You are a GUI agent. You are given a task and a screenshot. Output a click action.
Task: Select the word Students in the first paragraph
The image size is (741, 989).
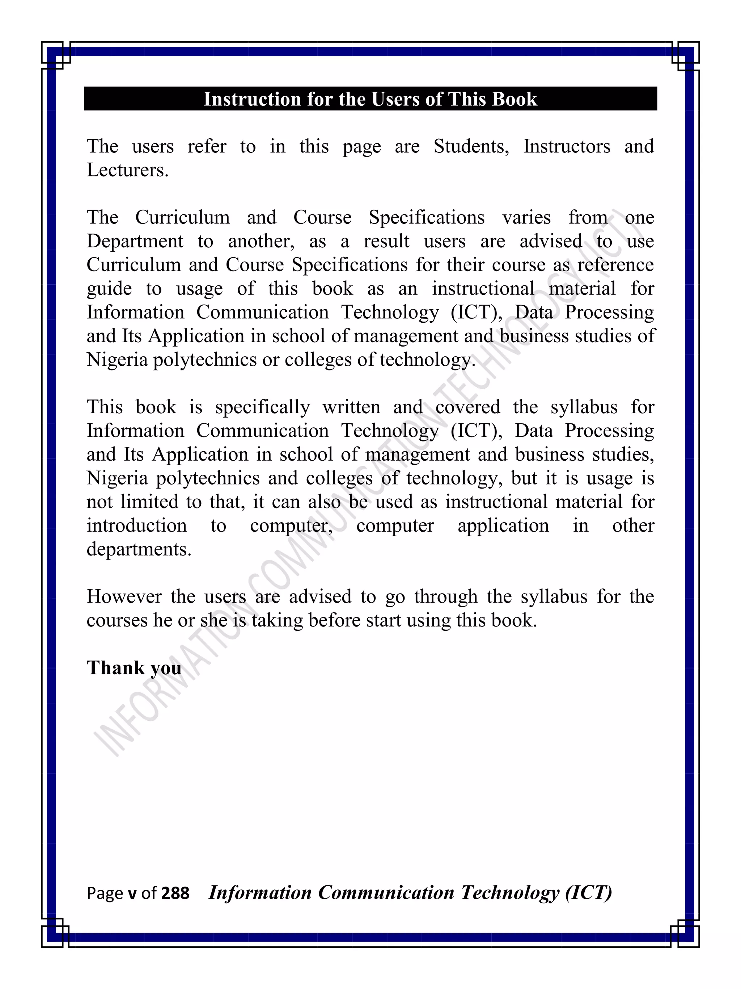point(471,147)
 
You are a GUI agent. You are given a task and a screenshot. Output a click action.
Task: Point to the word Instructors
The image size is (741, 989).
point(566,147)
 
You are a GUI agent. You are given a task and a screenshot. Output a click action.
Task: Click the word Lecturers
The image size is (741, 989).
point(127,170)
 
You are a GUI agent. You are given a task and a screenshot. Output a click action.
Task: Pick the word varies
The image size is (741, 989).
point(526,218)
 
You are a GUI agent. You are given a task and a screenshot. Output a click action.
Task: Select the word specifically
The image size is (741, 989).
point(262,407)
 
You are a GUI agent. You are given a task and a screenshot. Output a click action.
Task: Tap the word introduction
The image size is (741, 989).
point(137,526)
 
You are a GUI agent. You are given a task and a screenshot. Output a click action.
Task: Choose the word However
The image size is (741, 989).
point(124,597)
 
